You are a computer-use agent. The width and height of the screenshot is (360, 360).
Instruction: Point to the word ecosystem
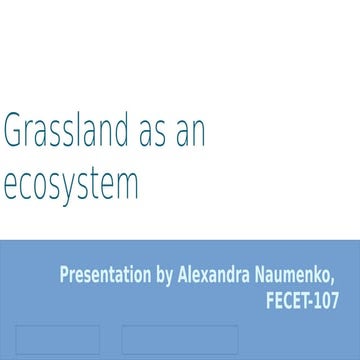pyautogui.click(x=70, y=185)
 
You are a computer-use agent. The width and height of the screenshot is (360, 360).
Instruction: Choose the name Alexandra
pyautogui.click(x=219, y=275)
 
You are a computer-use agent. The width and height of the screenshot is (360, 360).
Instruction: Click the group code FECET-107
pyautogui.click(x=303, y=300)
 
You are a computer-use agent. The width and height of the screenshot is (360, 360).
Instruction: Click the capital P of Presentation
pyautogui.click(x=64, y=275)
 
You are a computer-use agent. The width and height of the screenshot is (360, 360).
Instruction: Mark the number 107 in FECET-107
pyautogui.click(x=326, y=300)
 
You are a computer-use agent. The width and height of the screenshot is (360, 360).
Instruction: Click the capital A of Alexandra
pyautogui.click(x=183, y=275)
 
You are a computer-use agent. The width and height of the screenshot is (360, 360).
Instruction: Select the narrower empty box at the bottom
pyautogui.click(x=57, y=340)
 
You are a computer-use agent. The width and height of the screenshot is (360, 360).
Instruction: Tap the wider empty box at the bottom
pyautogui.click(x=180, y=340)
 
